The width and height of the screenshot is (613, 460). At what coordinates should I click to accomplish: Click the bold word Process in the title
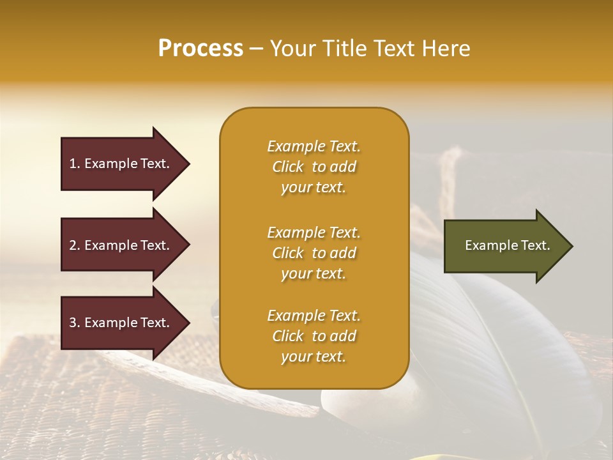(201, 49)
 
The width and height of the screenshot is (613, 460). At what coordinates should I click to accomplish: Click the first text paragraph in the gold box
(314, 167)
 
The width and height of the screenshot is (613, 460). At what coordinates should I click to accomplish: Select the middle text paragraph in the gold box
(314, 253)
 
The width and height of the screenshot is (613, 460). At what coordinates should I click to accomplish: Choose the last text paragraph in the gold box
(314, 336)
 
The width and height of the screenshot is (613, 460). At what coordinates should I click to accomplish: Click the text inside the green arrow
(508, 245)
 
